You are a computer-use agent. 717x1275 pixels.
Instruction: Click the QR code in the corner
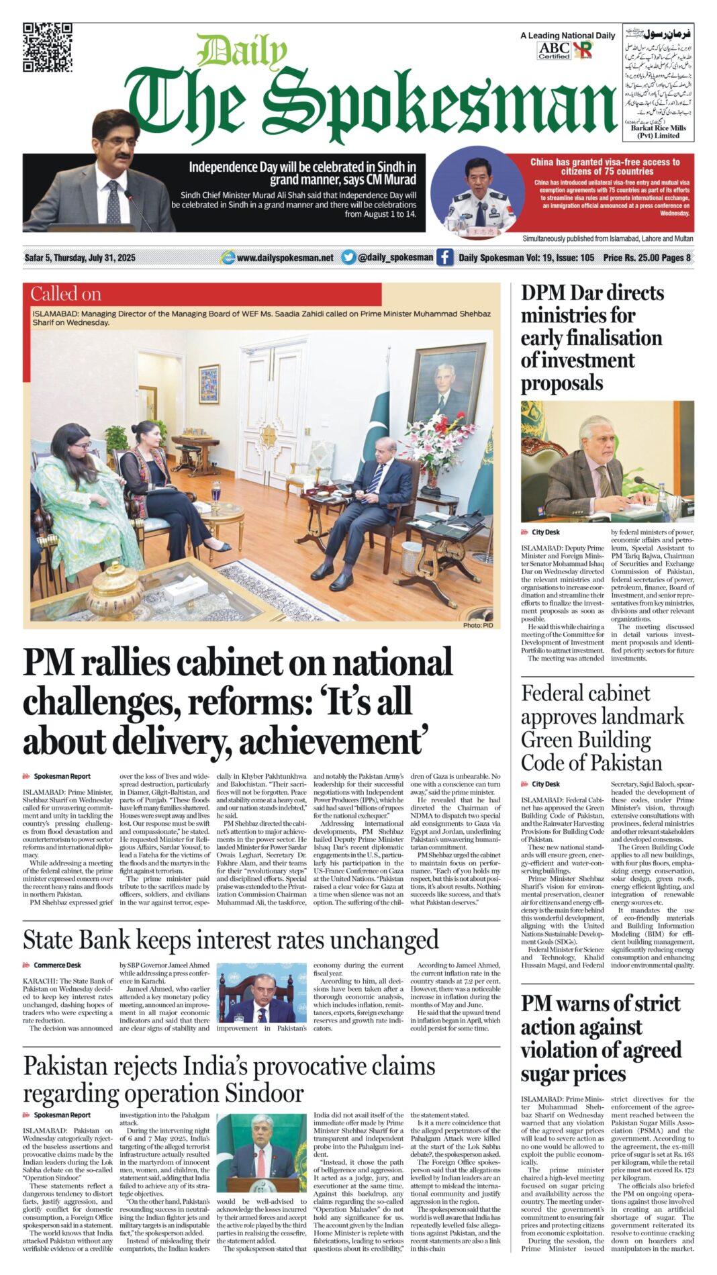coord(47,47)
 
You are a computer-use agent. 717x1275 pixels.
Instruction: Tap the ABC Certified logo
coord(554,50)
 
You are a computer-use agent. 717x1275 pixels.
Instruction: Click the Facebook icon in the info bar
coord(444,257)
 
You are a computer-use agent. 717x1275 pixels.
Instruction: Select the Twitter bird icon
coord(348,257)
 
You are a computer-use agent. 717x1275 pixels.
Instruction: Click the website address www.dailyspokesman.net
coord(285,258)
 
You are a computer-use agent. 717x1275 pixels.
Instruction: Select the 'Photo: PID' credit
coord(477,625)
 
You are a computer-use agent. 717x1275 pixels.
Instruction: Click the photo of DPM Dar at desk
coord(607,462)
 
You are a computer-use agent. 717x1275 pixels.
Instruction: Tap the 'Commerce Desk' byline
coord(57,965)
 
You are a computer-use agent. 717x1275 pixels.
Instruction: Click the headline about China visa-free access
coord(604,167)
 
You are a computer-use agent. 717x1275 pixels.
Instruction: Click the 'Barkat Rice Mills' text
coord(658,128)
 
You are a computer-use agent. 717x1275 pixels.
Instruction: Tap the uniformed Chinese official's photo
coord(478,191)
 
